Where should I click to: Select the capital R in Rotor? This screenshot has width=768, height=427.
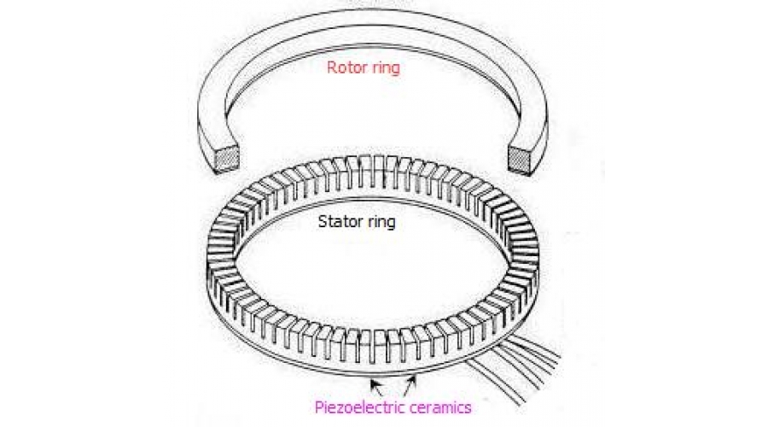pos(330,68)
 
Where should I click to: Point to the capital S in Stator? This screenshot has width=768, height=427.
pos(322,224)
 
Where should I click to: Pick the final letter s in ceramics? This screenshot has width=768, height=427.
pos(466,408)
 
